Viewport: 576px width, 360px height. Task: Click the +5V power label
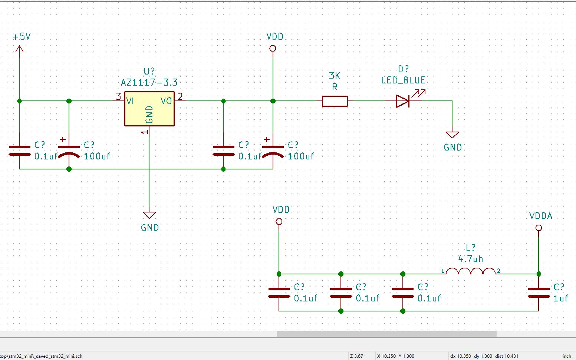coord(22,37)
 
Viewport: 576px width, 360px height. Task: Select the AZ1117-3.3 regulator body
coord(149,109)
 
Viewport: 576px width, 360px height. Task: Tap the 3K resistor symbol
coord(335,101)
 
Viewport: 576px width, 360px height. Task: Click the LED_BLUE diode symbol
coord(403,101)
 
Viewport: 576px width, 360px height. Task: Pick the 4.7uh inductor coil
coord(470,272)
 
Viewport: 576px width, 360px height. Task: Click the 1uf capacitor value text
coord(560,298)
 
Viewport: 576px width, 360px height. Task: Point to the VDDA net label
coord(540,216)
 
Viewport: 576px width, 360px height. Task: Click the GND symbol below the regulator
coord(149,215)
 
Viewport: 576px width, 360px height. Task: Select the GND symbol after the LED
coord(452,135)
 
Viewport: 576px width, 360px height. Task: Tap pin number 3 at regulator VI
coord(118,97)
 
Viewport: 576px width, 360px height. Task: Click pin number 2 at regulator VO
coord(180,97)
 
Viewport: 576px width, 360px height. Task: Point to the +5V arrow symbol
coord(19,49)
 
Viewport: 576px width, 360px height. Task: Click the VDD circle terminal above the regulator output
coord(273,49)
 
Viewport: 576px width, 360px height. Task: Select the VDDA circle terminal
coord(539,228)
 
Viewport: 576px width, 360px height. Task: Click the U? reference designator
coord(149,71)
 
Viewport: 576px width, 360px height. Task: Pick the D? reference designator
coord(403,69)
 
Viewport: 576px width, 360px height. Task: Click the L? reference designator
coord(470,248)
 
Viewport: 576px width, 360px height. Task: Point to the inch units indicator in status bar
coord(566,356)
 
